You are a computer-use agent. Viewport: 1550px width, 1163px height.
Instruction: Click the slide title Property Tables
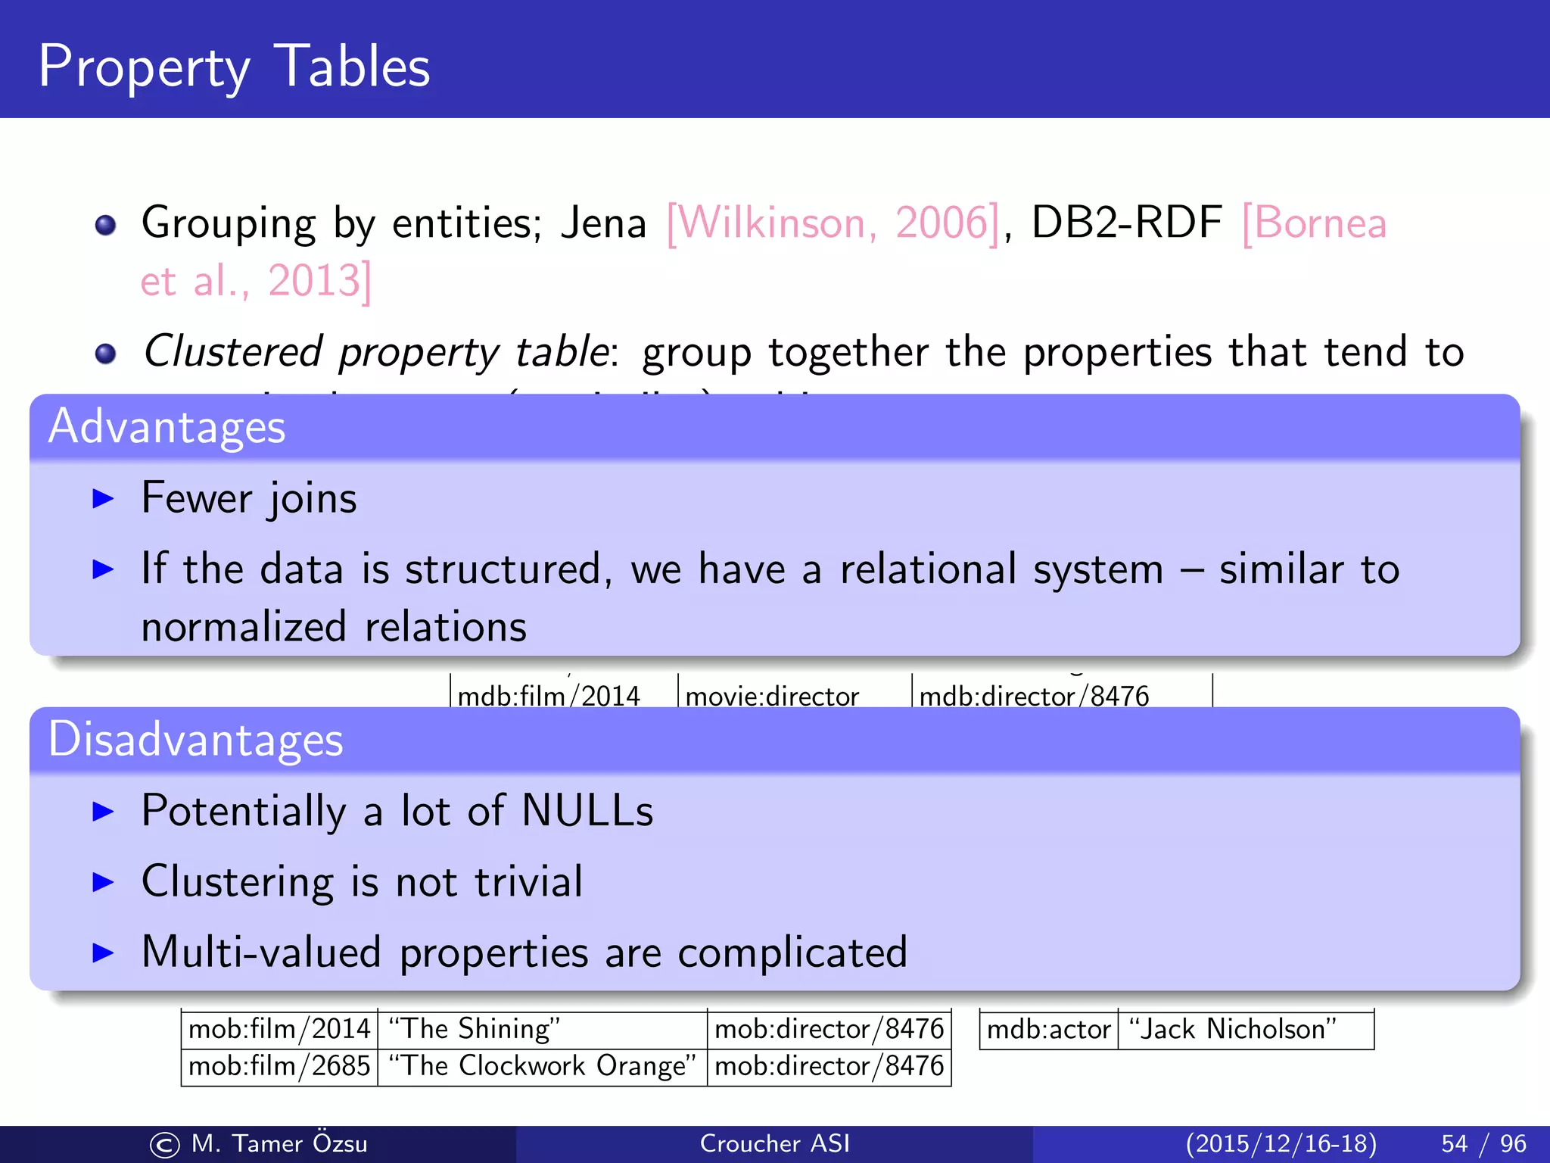point(234,67)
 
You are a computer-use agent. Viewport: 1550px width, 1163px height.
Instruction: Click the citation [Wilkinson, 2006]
point(833,223)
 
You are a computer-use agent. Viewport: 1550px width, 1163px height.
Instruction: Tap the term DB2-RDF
point(1126,223)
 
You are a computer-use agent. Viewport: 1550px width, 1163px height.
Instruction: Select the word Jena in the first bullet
point(603,223)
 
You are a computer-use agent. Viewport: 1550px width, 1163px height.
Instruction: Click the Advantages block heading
point(167,426)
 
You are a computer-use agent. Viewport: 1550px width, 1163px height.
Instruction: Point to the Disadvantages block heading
point(195,740)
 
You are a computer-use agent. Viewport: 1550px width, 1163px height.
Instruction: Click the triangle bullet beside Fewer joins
point(102,498)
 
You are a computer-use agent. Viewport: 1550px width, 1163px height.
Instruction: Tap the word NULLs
point(587,811)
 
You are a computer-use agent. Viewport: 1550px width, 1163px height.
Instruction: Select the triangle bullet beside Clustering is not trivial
point(102,882)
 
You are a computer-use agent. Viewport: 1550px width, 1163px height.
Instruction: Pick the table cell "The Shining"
point(542,1029)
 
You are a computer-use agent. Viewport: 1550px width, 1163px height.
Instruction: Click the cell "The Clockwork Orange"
point(542,1066)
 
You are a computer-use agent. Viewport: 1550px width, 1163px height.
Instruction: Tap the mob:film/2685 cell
point(279,1066)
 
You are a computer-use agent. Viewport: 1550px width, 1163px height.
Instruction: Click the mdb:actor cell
point(1048,1030)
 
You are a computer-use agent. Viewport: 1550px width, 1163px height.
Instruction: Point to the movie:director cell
point(772,695)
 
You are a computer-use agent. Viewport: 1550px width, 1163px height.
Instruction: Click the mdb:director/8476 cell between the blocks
point(1034,695)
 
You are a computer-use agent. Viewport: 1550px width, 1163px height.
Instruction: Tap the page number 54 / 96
point(1483,1143)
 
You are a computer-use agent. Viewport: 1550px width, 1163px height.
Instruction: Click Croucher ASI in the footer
point(774,1143)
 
